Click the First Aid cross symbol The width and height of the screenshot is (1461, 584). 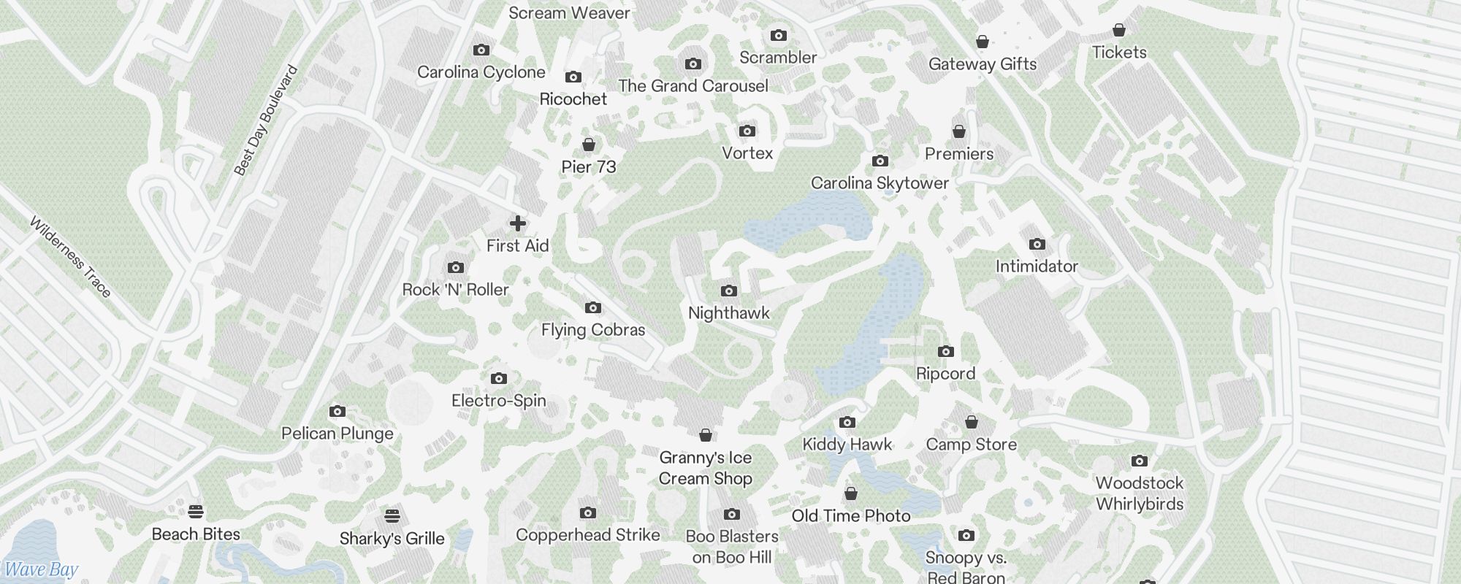(x=517, y=223)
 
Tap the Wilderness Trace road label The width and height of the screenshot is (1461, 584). (x=71, y=257)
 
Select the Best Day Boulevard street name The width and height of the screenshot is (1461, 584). (x=266, y=120)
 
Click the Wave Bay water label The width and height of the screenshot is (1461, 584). (x=41, y=570)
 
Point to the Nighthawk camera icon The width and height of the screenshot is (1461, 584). (x=728, y=291)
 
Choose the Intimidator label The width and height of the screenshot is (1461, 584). (x=1037, y=266)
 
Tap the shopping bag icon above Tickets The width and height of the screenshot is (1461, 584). (x=1118, y=30)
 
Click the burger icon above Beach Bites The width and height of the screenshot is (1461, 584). (x=195, y=511)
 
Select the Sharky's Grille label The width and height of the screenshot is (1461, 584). (x=392, y=539)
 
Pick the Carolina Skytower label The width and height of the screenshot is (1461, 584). (x=880, y=183)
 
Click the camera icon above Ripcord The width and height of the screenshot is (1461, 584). (x=945, y=352)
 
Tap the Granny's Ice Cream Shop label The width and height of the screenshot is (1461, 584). (x=705, y=468)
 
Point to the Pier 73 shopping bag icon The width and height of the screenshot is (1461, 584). (x=588, y=145)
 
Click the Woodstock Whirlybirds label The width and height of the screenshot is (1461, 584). (x=1139, y=493)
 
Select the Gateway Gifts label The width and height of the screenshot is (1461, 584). (x=983, y=64)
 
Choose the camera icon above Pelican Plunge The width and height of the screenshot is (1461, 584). (x=337, y=412)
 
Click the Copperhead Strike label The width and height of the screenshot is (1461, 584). (x=587, y=535)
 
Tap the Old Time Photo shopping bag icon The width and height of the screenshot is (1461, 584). (x=850, y=494)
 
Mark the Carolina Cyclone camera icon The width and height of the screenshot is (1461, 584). (x=481, y=50)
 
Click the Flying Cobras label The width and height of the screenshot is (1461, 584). (x=593, y=330)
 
